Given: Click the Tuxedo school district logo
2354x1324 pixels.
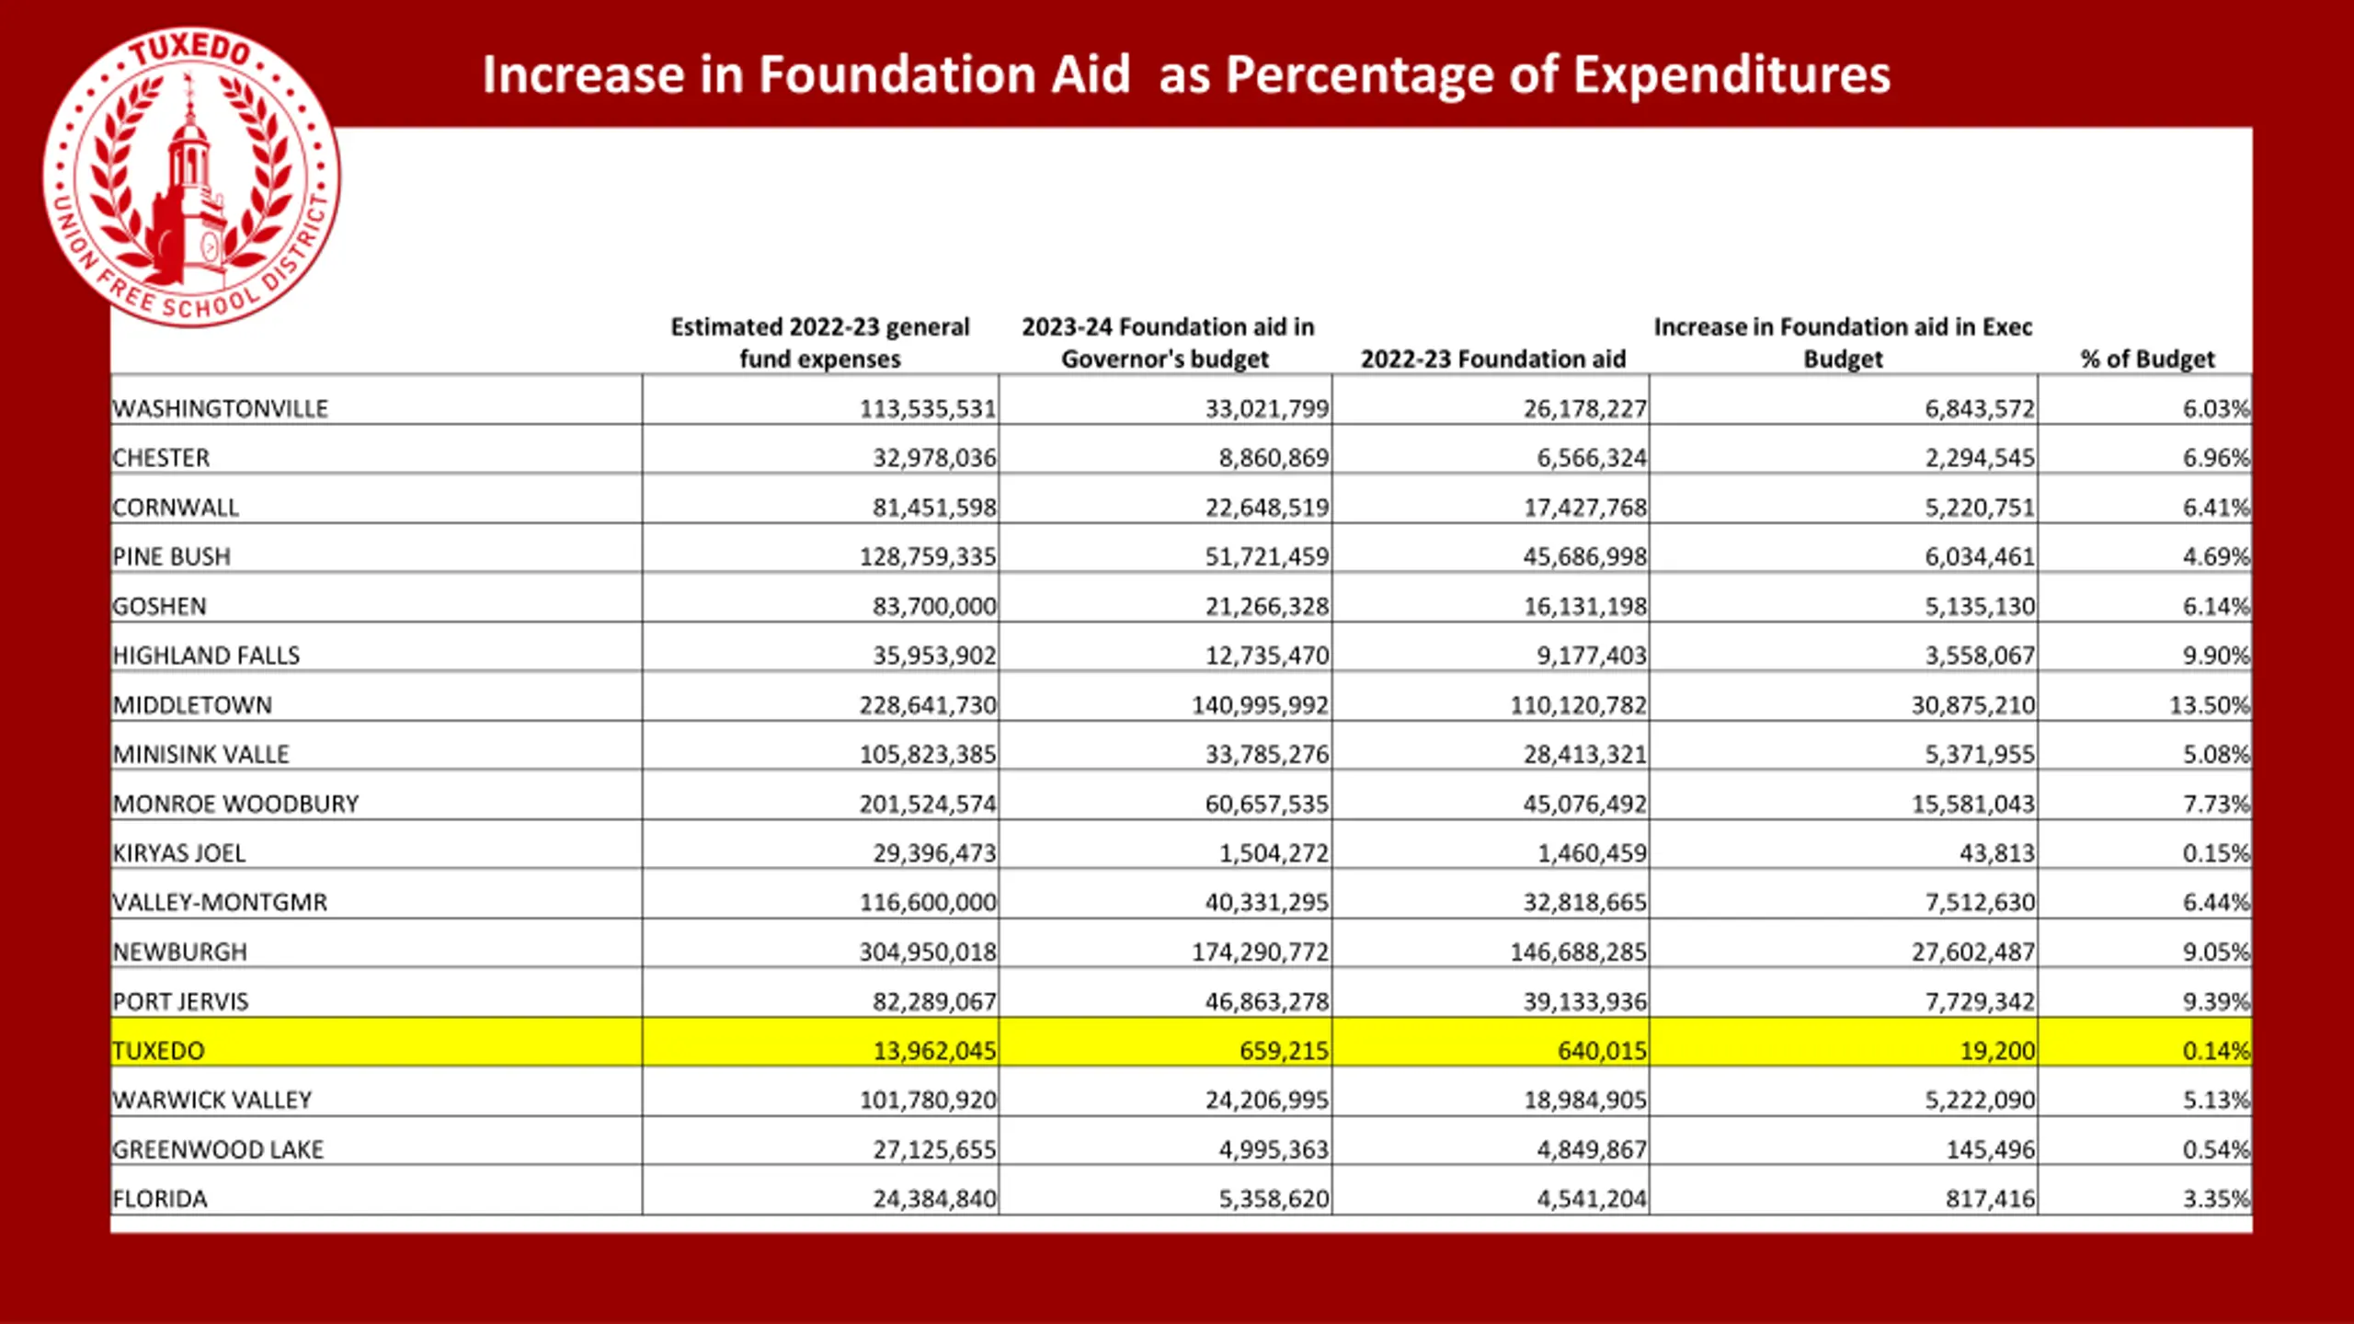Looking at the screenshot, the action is [x=191, y=177].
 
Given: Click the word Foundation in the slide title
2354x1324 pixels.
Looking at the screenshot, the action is [x=943, y=74].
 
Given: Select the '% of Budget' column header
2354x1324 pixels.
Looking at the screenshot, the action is [x=2147, y=359].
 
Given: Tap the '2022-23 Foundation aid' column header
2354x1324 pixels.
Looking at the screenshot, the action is [x=1493, y=359].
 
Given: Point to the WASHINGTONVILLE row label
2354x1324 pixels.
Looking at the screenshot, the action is [x=220, y=408].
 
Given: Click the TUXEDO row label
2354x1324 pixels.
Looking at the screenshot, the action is [x=158, y=1050].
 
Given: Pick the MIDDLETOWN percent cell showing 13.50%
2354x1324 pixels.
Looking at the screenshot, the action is [x=2210, y=705].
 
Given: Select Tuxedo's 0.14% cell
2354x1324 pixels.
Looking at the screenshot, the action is [x=2216, y=1050].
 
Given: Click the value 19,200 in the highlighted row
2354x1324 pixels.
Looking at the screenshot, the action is [x=1997, y=1050].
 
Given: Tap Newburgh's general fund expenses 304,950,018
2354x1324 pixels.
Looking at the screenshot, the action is [x=928, y=952].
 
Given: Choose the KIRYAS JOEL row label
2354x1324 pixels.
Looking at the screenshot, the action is [x=179, y=853].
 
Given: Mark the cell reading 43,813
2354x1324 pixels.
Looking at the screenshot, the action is [x=1997, y=853].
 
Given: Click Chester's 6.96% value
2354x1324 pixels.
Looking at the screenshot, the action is [x=2216, y=458].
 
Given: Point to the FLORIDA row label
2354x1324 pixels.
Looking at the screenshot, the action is [x=160, y=1199].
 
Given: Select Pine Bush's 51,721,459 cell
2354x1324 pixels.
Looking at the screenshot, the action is [x=1267, y=556].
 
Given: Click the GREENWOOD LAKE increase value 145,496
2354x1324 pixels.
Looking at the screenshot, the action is [x=1991, y=1149].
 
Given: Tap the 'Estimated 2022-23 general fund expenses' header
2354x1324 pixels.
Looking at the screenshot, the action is [x=819, y=343].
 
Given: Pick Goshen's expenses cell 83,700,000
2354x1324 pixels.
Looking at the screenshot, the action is [x=934, y=606].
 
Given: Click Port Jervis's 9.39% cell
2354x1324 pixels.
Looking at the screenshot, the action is [x=2216, y=1001].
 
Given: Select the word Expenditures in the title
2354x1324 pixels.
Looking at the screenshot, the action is [x=1731, y=74].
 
